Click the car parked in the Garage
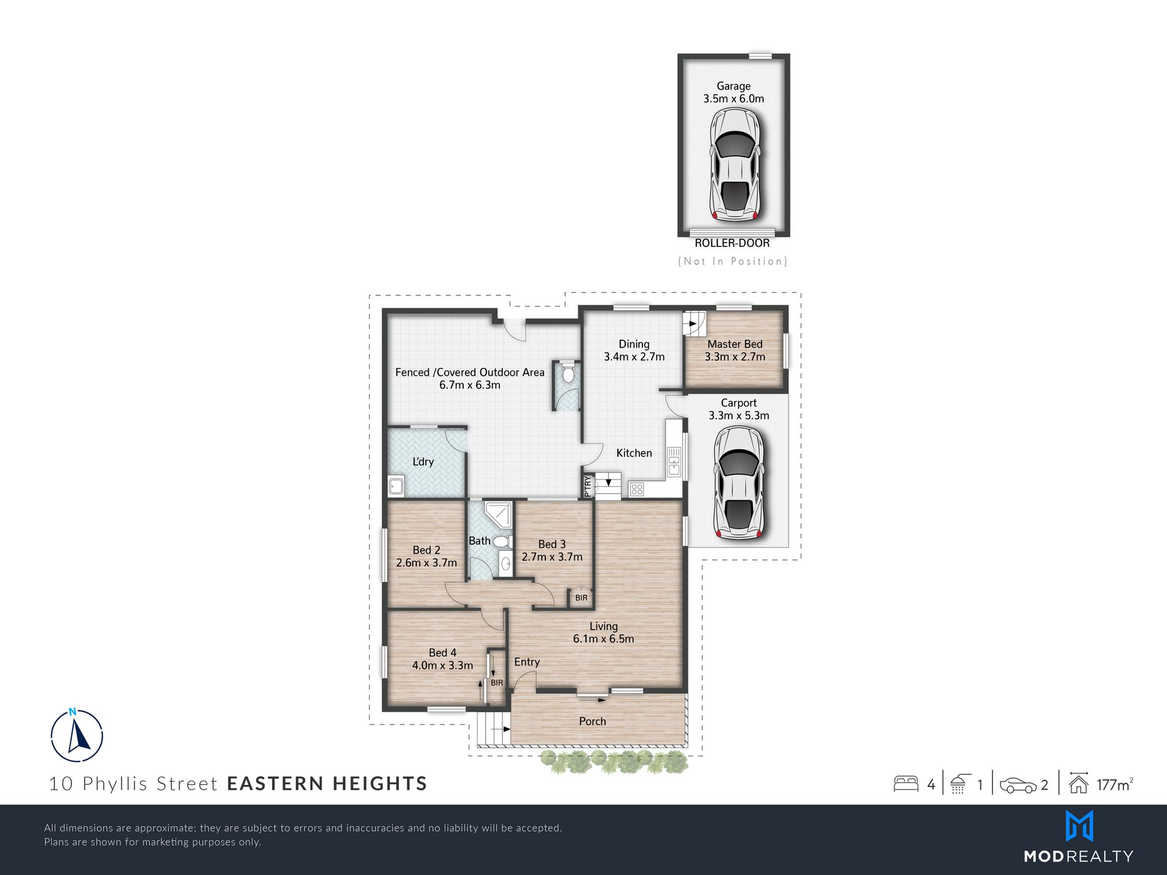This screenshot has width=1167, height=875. point(735,164)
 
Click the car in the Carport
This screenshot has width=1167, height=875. point(738,483)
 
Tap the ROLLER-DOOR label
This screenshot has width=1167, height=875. point(732,243)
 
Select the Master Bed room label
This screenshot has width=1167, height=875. point(735,344)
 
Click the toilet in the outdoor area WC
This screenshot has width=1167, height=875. point(568,373)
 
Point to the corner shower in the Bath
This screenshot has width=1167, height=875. point(498,515)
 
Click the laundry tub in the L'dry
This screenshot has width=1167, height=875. point(396,486)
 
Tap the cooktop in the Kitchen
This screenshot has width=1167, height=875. point(636,489)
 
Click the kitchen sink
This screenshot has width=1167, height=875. point(674,461)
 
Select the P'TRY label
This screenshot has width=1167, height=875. point(588,486)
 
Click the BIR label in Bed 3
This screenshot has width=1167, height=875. point(581,597)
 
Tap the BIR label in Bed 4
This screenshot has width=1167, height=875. point(497,683)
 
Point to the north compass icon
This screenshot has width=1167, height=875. point(77,736)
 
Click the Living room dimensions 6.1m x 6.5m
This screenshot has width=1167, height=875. point(603,639)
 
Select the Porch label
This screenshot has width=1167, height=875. point(592,721)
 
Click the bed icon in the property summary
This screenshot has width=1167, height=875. point(906,784)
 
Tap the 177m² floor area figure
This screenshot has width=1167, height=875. point(1114,784)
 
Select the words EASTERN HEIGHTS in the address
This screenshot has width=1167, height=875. point(327,784)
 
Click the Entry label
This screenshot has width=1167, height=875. point(527,662)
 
